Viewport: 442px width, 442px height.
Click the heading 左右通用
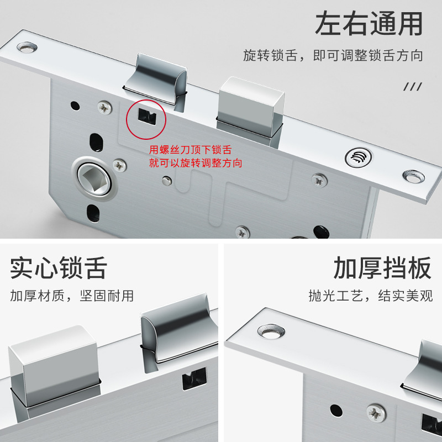(369, 23)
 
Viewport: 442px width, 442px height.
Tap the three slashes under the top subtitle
(413, 87)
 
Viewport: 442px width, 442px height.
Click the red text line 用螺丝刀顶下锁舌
(190, 149)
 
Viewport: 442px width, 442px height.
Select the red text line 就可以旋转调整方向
(196, 163)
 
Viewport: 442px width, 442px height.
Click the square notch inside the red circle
(147, 117)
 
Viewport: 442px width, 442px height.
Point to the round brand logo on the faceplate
(358, 157)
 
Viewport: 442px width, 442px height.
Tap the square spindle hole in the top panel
(94, 179)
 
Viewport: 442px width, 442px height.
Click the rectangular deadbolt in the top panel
(250, 109)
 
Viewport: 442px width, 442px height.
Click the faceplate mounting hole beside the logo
(413, 176)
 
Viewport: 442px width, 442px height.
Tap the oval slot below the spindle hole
(93, 213)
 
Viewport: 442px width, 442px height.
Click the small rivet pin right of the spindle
(167, 181)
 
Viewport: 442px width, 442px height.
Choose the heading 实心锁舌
(59, 268)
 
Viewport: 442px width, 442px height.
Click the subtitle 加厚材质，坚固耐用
(72, 296)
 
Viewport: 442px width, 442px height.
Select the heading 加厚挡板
(382, 268)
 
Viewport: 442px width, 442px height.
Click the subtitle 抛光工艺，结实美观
(370, 296)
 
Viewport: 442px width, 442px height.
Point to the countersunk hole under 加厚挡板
(271, 331)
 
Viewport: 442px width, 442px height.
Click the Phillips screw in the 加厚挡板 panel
(376, 413)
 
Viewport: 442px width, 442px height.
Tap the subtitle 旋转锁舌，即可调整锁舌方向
(333, 55)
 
